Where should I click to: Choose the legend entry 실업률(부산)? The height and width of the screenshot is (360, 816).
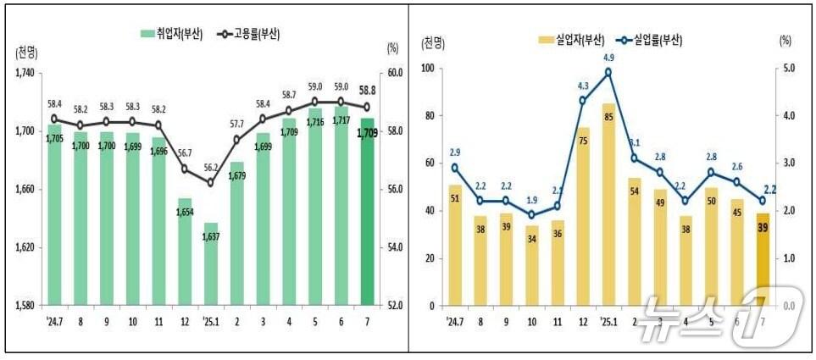click(x=649, y=39)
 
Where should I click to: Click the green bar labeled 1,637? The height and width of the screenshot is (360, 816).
click(x=211, y=263)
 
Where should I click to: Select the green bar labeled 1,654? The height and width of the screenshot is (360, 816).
click(x=185, y=251)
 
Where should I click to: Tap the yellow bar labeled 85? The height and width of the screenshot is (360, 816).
click(x=608, y=204)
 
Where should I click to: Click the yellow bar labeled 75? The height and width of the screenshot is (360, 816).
click(x=583, y=216)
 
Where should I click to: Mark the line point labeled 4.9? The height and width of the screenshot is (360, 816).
click(x=608, y=72)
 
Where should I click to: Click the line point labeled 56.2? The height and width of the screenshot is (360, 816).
click(x=211, y=183)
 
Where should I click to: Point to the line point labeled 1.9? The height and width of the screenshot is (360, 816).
click(x=531, y=215)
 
